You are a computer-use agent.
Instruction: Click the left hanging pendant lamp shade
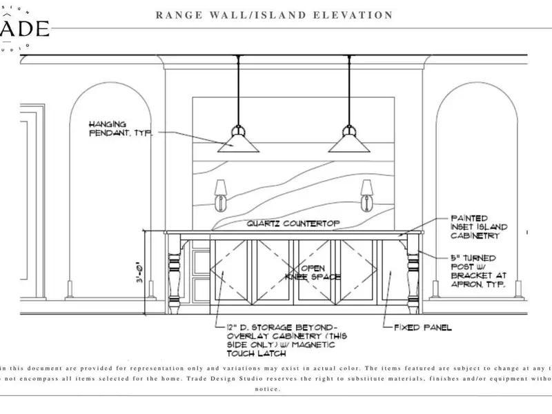point(238,143)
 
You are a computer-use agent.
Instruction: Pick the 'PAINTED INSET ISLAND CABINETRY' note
point(480,226)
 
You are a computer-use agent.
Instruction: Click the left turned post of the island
point(174,273)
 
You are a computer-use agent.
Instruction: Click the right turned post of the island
point(413,273)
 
